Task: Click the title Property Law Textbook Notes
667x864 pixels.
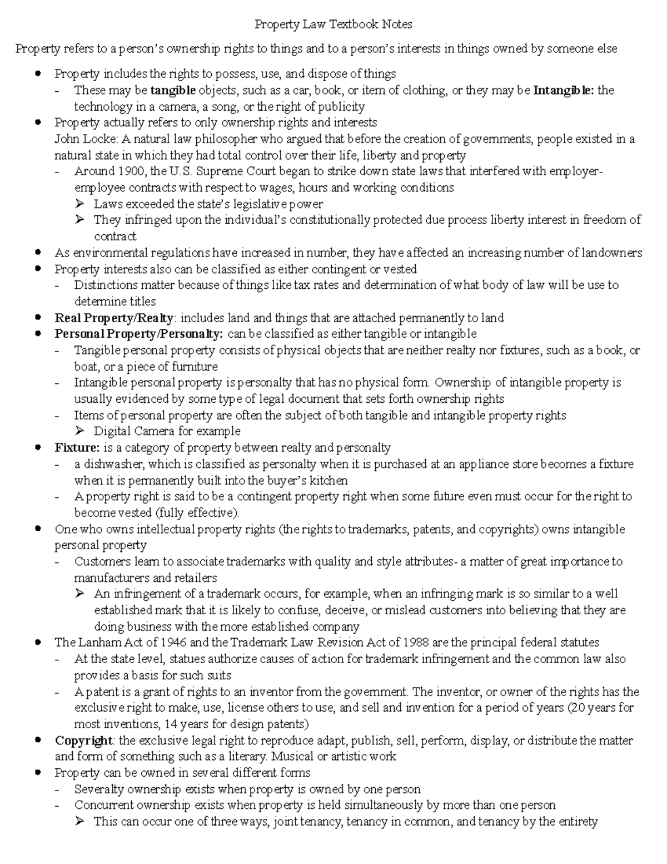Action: tap(333, 24)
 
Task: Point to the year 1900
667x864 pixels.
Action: tap(132, 171)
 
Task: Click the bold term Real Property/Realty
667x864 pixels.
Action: tap(115, 318)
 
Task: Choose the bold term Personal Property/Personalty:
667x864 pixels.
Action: tap(139, 334)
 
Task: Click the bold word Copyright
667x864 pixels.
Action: tap(83, 741)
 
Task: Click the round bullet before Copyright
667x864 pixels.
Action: tap(38, 740)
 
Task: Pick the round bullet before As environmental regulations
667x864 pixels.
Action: tap(38, 253)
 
